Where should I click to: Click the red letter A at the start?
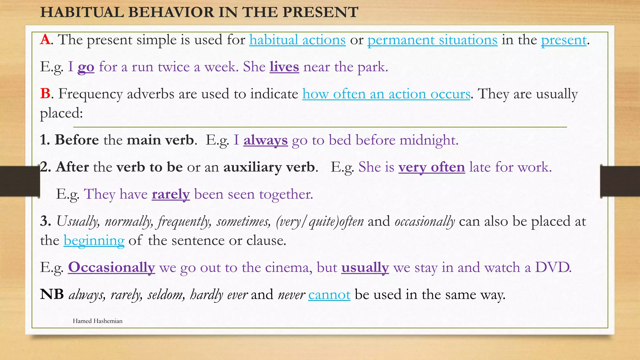[45, 40]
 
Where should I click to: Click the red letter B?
[45, 94]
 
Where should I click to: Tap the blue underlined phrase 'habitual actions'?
[297, 40]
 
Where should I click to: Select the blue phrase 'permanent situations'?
[432, 40]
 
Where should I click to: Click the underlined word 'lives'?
[284, 67]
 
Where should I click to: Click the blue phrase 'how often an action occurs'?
[386, 94]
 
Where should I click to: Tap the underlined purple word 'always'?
[265, 140]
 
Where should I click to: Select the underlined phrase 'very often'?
[431, 167]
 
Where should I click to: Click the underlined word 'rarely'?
[171, 194]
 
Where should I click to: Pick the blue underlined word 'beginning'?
[94, 241]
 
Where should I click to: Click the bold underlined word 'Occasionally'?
[111, 267]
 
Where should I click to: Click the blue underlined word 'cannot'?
[329, 295]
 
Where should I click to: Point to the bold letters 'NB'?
[52, 294]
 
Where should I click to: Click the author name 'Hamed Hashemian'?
[97, 321]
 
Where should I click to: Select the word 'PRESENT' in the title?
[320, 12]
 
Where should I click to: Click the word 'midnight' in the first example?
[428, 140]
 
